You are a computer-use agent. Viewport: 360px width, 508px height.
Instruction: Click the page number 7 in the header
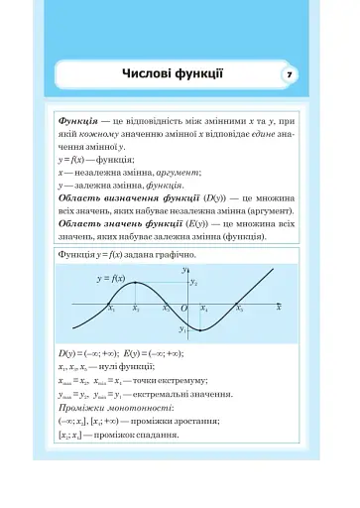(289, 74)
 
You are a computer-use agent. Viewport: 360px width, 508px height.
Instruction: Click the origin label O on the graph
(183, 311)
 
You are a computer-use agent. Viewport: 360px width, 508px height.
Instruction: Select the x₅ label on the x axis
(240, 311)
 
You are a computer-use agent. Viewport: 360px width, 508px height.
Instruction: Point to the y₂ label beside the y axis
(194, 283)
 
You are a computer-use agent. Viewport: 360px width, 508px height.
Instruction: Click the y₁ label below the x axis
(182, 328)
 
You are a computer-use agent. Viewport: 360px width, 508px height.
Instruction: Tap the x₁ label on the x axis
(111, 311)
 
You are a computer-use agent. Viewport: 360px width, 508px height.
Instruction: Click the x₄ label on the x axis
(204, 311)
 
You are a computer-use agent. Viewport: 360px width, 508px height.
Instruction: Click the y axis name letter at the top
(183, 269)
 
